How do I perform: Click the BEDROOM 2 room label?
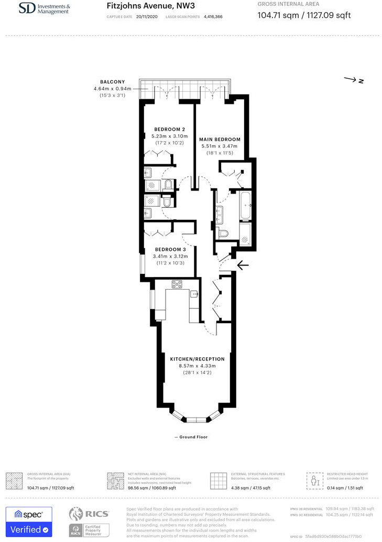pyautogui.click(x=169, y=129)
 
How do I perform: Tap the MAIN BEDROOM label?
pyautogui.click(x=220, y=139)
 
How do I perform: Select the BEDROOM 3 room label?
pyautogui.click(x=169, y=249)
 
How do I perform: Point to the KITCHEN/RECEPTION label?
pyautogui.click(x=197, y=359)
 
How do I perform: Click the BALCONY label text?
pyautogui.click(x=112, y=82)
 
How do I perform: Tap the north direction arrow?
pyautogui.click(x=354, y=80)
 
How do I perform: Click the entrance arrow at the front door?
pyautogui.click(x=243, y=265)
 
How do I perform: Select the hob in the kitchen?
pyautogui.click(x=177, y=284)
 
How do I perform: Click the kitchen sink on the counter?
pyautogui.click(x=193, y=294)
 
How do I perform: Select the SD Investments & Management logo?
pyautogui.click(x=43, y=8)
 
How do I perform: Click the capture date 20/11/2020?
pyautogui.click(x=146, y=17)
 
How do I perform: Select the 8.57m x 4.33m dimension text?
pyautogui.click(x=197, y=366)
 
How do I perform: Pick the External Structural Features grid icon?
pyautogui.click(x=218, y=480)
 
